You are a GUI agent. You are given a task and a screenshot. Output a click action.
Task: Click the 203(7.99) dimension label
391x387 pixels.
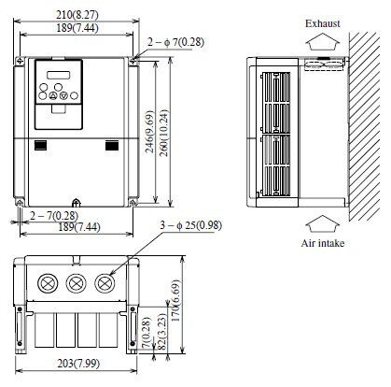77,364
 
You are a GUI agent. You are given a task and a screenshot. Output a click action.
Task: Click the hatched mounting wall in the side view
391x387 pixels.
363,122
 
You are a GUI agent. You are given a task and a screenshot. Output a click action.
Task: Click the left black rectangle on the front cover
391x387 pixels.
41,145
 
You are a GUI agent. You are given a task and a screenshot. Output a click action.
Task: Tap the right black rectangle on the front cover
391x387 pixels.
113,145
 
